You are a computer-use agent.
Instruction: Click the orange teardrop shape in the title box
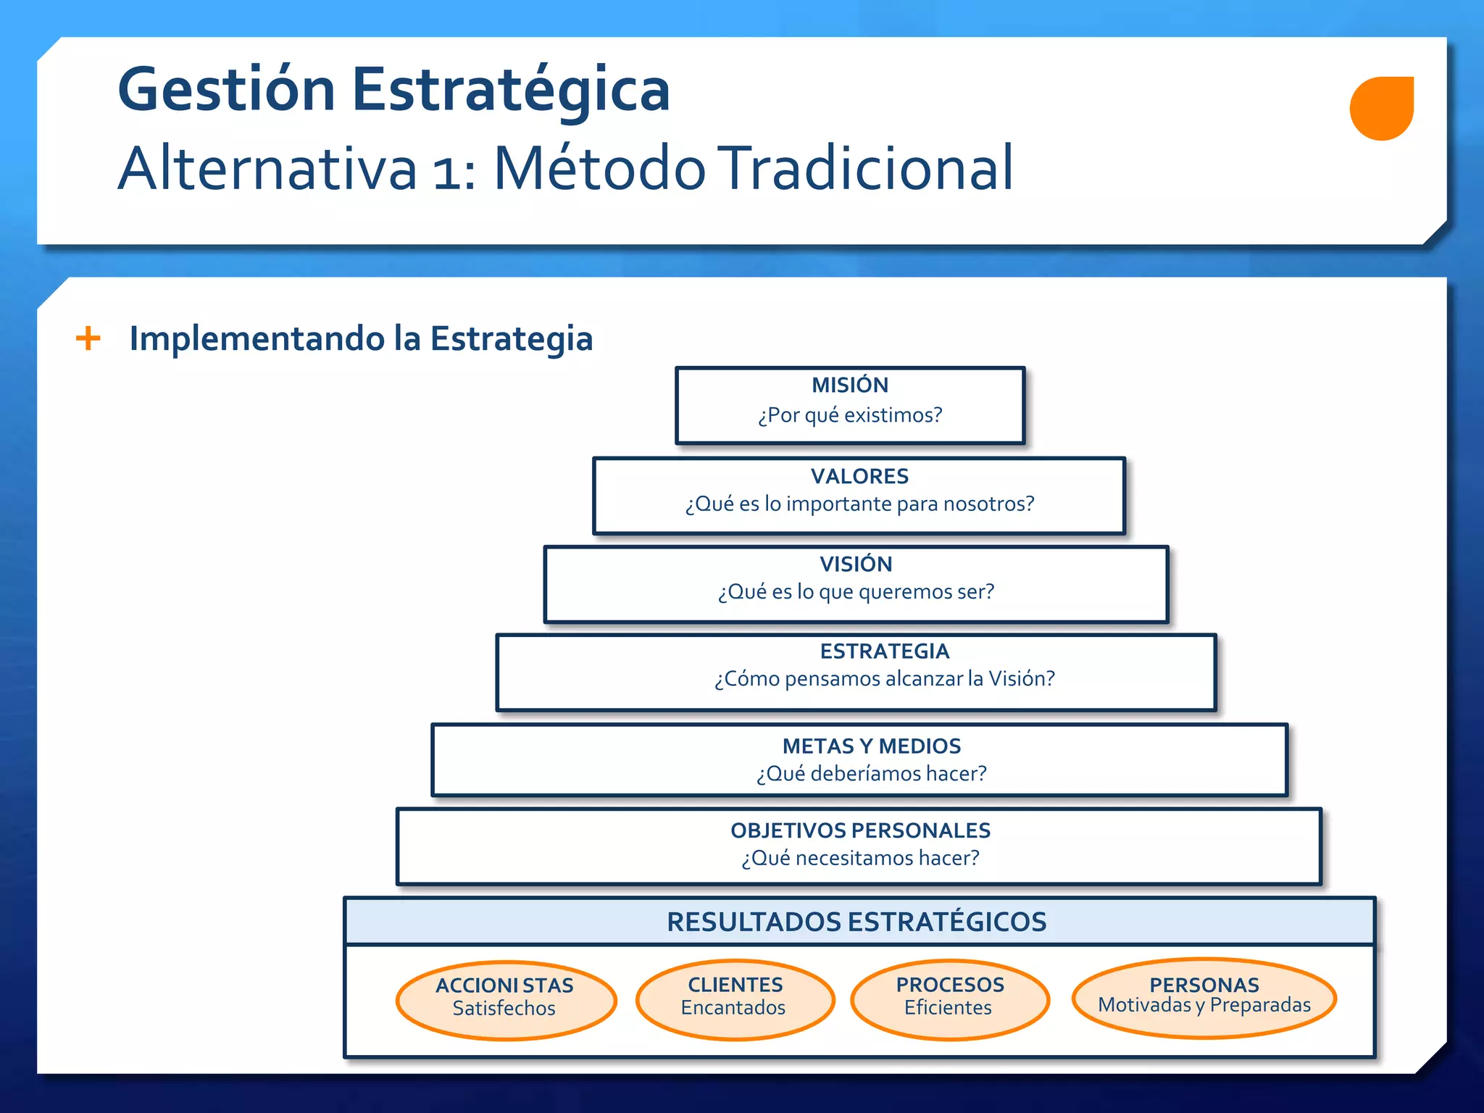tap(1381, 108)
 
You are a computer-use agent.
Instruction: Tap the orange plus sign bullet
tap(88, 338)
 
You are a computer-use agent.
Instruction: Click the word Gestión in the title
tap(226, 90)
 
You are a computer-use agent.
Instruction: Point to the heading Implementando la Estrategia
tap(361, 338)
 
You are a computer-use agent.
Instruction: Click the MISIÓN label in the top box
tap(849, 385)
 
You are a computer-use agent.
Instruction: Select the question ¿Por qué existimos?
tap(849, 415)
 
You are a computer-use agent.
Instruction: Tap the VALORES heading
tap(859, 476)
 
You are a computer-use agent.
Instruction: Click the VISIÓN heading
tap(856, 564)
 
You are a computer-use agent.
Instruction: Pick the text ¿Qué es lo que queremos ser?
tap(856, 592)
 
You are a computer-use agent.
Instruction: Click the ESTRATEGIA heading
tap(884, 651)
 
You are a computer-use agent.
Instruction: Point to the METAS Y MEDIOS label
tap(871, 746)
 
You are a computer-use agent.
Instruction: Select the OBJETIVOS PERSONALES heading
tap(860, 830)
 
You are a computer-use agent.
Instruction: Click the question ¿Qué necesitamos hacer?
tap(860, 858)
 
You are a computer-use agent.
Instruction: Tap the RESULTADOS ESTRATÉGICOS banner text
tap(856, 922)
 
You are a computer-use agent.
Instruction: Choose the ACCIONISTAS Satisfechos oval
tap(506, 1000)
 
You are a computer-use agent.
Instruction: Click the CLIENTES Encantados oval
tap(735, 999)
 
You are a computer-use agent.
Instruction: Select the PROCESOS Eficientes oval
tap(949, 999)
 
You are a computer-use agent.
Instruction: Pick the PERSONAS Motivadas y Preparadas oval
tap(1204, 997)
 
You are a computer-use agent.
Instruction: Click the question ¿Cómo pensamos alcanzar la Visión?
tap(884, 679)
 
